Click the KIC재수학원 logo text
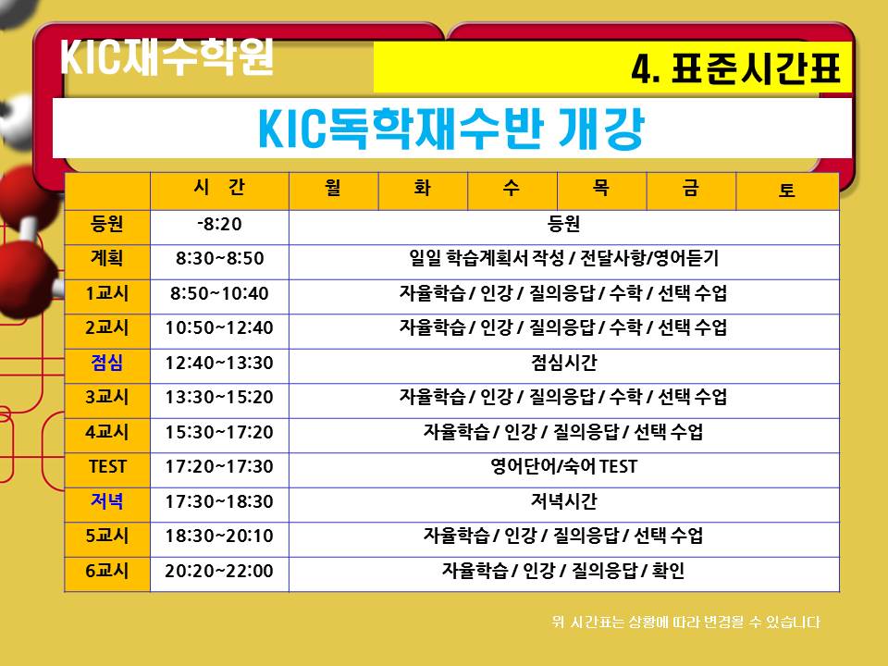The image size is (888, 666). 167,56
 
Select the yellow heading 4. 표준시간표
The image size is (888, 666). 735,68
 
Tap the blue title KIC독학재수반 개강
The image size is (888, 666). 451,129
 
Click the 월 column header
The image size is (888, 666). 333,188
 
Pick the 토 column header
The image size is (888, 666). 786,190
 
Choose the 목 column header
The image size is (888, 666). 601,188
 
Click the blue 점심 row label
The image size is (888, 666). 107,363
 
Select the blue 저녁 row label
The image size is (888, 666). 107,501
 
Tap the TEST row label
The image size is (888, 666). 107,466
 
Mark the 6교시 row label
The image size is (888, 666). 107,571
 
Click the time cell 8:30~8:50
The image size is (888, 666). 220,258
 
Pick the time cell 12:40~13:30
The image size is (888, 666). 219,363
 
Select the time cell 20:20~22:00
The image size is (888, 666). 219,571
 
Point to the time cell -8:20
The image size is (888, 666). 219,224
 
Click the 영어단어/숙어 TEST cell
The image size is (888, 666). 564,466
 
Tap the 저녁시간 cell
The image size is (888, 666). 564,501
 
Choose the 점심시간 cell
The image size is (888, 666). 564,363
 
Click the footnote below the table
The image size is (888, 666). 685,622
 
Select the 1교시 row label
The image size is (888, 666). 107,293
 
